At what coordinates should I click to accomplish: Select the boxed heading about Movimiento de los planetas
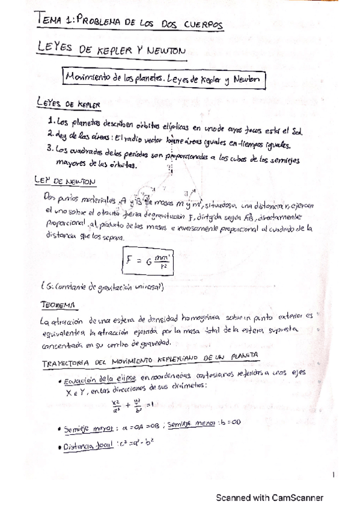click(x=163, y=79)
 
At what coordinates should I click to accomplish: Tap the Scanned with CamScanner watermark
click(x=270, y=497)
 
